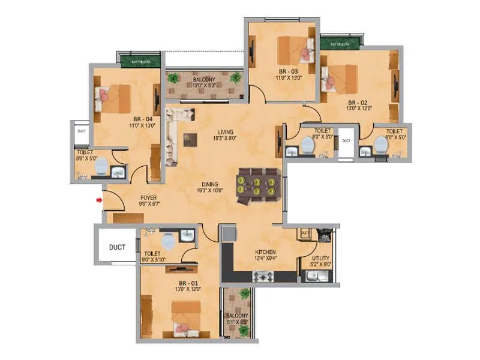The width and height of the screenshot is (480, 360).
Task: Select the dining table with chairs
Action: [257, 185]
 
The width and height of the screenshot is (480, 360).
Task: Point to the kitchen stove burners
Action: [263, 277]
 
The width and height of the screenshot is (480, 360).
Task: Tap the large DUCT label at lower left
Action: [117, 246]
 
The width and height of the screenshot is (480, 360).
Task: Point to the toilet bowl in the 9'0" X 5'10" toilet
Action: [169, 240]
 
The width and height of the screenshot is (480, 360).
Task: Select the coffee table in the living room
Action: [191, 139]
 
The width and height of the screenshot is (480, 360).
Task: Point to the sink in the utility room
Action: [315, 276]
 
